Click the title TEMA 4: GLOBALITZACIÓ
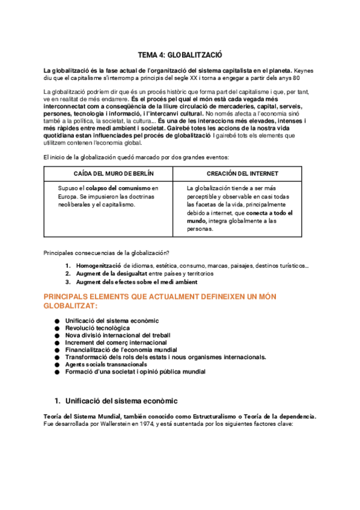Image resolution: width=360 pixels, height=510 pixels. point(180,54)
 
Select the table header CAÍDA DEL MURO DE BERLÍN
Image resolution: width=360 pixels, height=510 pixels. point(109,173)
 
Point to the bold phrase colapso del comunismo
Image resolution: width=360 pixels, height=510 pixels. point(117,188)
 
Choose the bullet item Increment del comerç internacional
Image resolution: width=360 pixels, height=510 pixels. point(108,342)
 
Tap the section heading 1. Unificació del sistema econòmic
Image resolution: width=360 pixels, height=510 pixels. point(116,400)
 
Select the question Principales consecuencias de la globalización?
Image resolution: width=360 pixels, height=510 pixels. point(107,252)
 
